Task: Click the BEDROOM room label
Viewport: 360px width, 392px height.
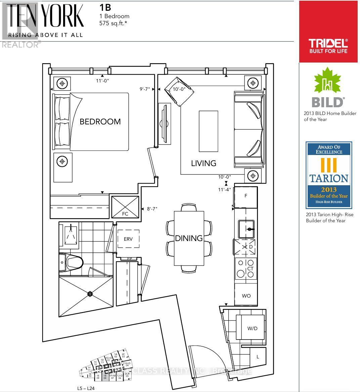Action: point(100,121)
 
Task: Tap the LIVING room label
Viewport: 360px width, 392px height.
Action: point(204,163)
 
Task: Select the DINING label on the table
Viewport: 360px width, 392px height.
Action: point(189,238)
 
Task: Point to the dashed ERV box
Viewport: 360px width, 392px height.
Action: point(128,239)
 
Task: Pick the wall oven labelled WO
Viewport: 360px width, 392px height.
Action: point(246,296)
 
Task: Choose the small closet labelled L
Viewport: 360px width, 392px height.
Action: point(258,357)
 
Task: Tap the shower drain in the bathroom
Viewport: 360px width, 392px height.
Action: point(90,294)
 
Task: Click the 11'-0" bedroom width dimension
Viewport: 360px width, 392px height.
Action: point(102,81)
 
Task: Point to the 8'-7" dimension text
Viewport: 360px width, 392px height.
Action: point(152,209)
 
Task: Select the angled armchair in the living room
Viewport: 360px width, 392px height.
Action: point(179,91)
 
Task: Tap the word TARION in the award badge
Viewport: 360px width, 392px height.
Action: point(329,178)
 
